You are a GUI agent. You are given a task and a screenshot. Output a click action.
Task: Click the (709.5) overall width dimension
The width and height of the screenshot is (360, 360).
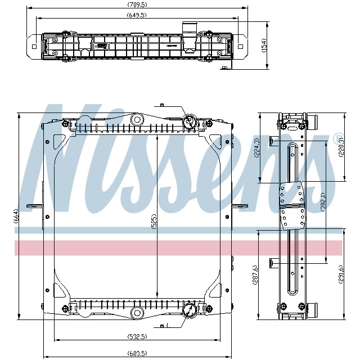click(x=137, y=6)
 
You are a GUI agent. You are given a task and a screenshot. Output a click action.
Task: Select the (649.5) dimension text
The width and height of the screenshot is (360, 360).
click(x=137, y=15)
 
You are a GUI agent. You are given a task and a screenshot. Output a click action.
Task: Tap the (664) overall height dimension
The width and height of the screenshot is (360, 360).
click(x=16, y=216)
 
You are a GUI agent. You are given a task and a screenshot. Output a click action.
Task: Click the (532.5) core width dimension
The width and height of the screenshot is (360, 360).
click(x=137, y=336)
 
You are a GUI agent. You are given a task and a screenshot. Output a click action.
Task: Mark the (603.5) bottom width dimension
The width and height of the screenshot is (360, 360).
click(x=137, y=353)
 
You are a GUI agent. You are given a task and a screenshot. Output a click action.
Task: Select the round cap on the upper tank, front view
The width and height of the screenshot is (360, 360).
click(x=190, y=121)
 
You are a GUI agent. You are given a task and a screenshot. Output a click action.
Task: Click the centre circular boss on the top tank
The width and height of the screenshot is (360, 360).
click(x=137, y=119)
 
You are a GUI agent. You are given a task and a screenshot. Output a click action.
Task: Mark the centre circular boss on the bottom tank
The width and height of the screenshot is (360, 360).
click(x=137, y=313)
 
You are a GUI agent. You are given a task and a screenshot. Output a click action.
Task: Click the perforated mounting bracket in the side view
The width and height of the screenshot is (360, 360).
click(x=292, y=207)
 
